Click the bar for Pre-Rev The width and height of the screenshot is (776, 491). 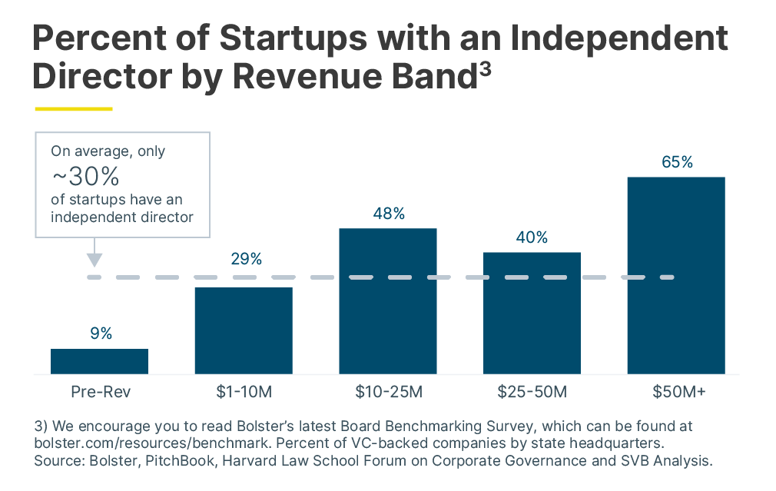[99, 361]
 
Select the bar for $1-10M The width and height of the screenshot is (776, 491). [243, 330]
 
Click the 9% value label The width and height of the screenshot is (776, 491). [100, 333]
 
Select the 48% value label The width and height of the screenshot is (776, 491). [389, 214]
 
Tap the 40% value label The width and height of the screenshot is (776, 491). [532, 237]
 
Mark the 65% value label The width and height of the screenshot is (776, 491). [677, 163]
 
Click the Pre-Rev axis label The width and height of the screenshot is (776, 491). [101, 393]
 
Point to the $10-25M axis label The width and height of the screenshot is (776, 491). [389, 393]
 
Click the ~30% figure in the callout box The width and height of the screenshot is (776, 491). [85, 177]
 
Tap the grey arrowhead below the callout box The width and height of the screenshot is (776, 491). [94, 259]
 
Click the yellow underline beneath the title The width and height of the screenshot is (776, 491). [74, 109]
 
